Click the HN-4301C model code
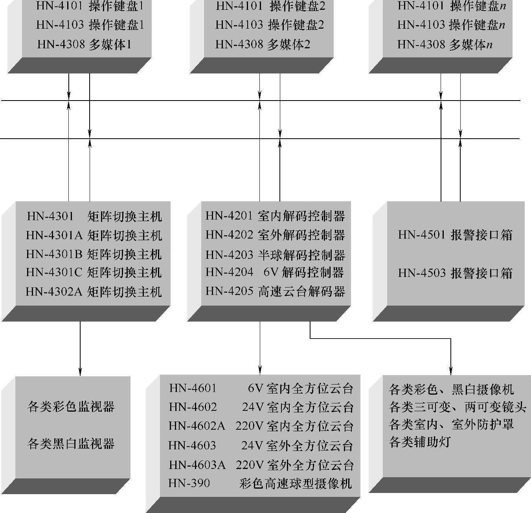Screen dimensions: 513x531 [54, 273]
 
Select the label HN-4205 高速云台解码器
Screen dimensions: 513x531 [275, 291]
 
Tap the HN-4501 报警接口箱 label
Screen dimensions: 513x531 [455, 235]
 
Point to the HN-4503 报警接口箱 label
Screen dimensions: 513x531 [455, 273]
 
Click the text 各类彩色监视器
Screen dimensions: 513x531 [71, 407]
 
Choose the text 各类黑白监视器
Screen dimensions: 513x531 [71, 444]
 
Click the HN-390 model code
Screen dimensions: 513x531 [189, 483]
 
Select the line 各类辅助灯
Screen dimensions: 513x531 [420, 442]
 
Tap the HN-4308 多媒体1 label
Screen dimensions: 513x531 [85, 44]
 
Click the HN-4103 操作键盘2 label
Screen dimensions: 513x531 [270, 25]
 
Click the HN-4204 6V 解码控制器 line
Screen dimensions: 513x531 [275, 272]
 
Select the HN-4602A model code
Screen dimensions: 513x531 [197, 426]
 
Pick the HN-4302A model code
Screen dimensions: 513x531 [54, 292]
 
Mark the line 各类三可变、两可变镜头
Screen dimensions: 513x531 [457, 407]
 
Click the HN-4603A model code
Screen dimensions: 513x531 [197, 465]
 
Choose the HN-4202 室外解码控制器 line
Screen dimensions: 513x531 [275, 235]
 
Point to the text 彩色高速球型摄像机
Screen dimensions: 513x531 [296, 483]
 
